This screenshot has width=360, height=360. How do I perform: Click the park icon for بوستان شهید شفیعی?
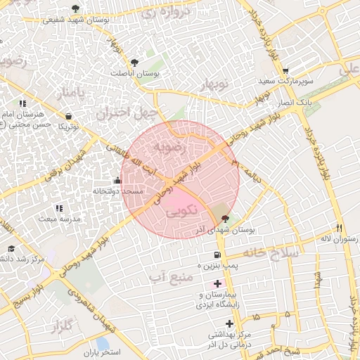[x=76, y=9]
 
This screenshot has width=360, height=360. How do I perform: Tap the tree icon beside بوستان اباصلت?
[x=134, y=62]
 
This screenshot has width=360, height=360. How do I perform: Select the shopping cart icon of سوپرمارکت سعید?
[x=285, y=71]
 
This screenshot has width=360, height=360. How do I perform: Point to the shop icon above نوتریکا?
[x=68, y=116]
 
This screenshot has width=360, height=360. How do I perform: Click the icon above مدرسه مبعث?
[x=59, y=208]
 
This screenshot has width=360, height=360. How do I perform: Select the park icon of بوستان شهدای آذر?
[x=224, y=219]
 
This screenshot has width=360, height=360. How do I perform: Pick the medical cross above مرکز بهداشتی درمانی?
[x=229, y=323]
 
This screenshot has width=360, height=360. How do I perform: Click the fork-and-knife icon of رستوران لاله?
[x=340, y=228]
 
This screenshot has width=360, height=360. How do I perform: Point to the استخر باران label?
[x=102, y=351]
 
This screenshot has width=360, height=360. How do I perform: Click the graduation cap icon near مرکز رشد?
[x=11, y=249]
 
